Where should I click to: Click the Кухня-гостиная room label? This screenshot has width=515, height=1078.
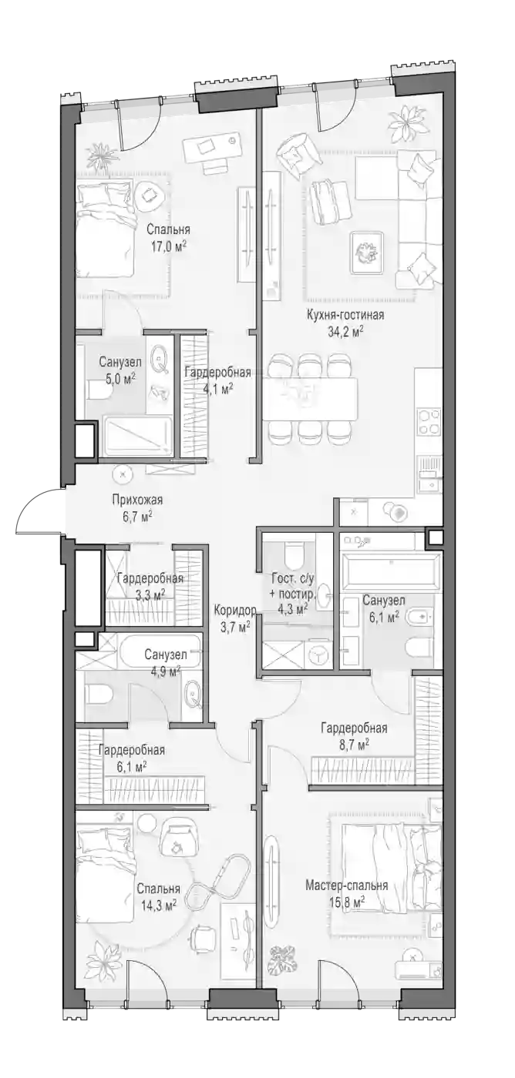(345, 315)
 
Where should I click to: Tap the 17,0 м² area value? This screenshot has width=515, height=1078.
(167, 247)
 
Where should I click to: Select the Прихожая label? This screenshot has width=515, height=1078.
(137, 500)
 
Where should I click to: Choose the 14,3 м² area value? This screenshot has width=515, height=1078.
(157, 906)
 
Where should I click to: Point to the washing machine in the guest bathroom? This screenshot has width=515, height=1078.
(318, 653)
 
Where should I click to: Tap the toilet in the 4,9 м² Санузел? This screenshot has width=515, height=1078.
(99, 695)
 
